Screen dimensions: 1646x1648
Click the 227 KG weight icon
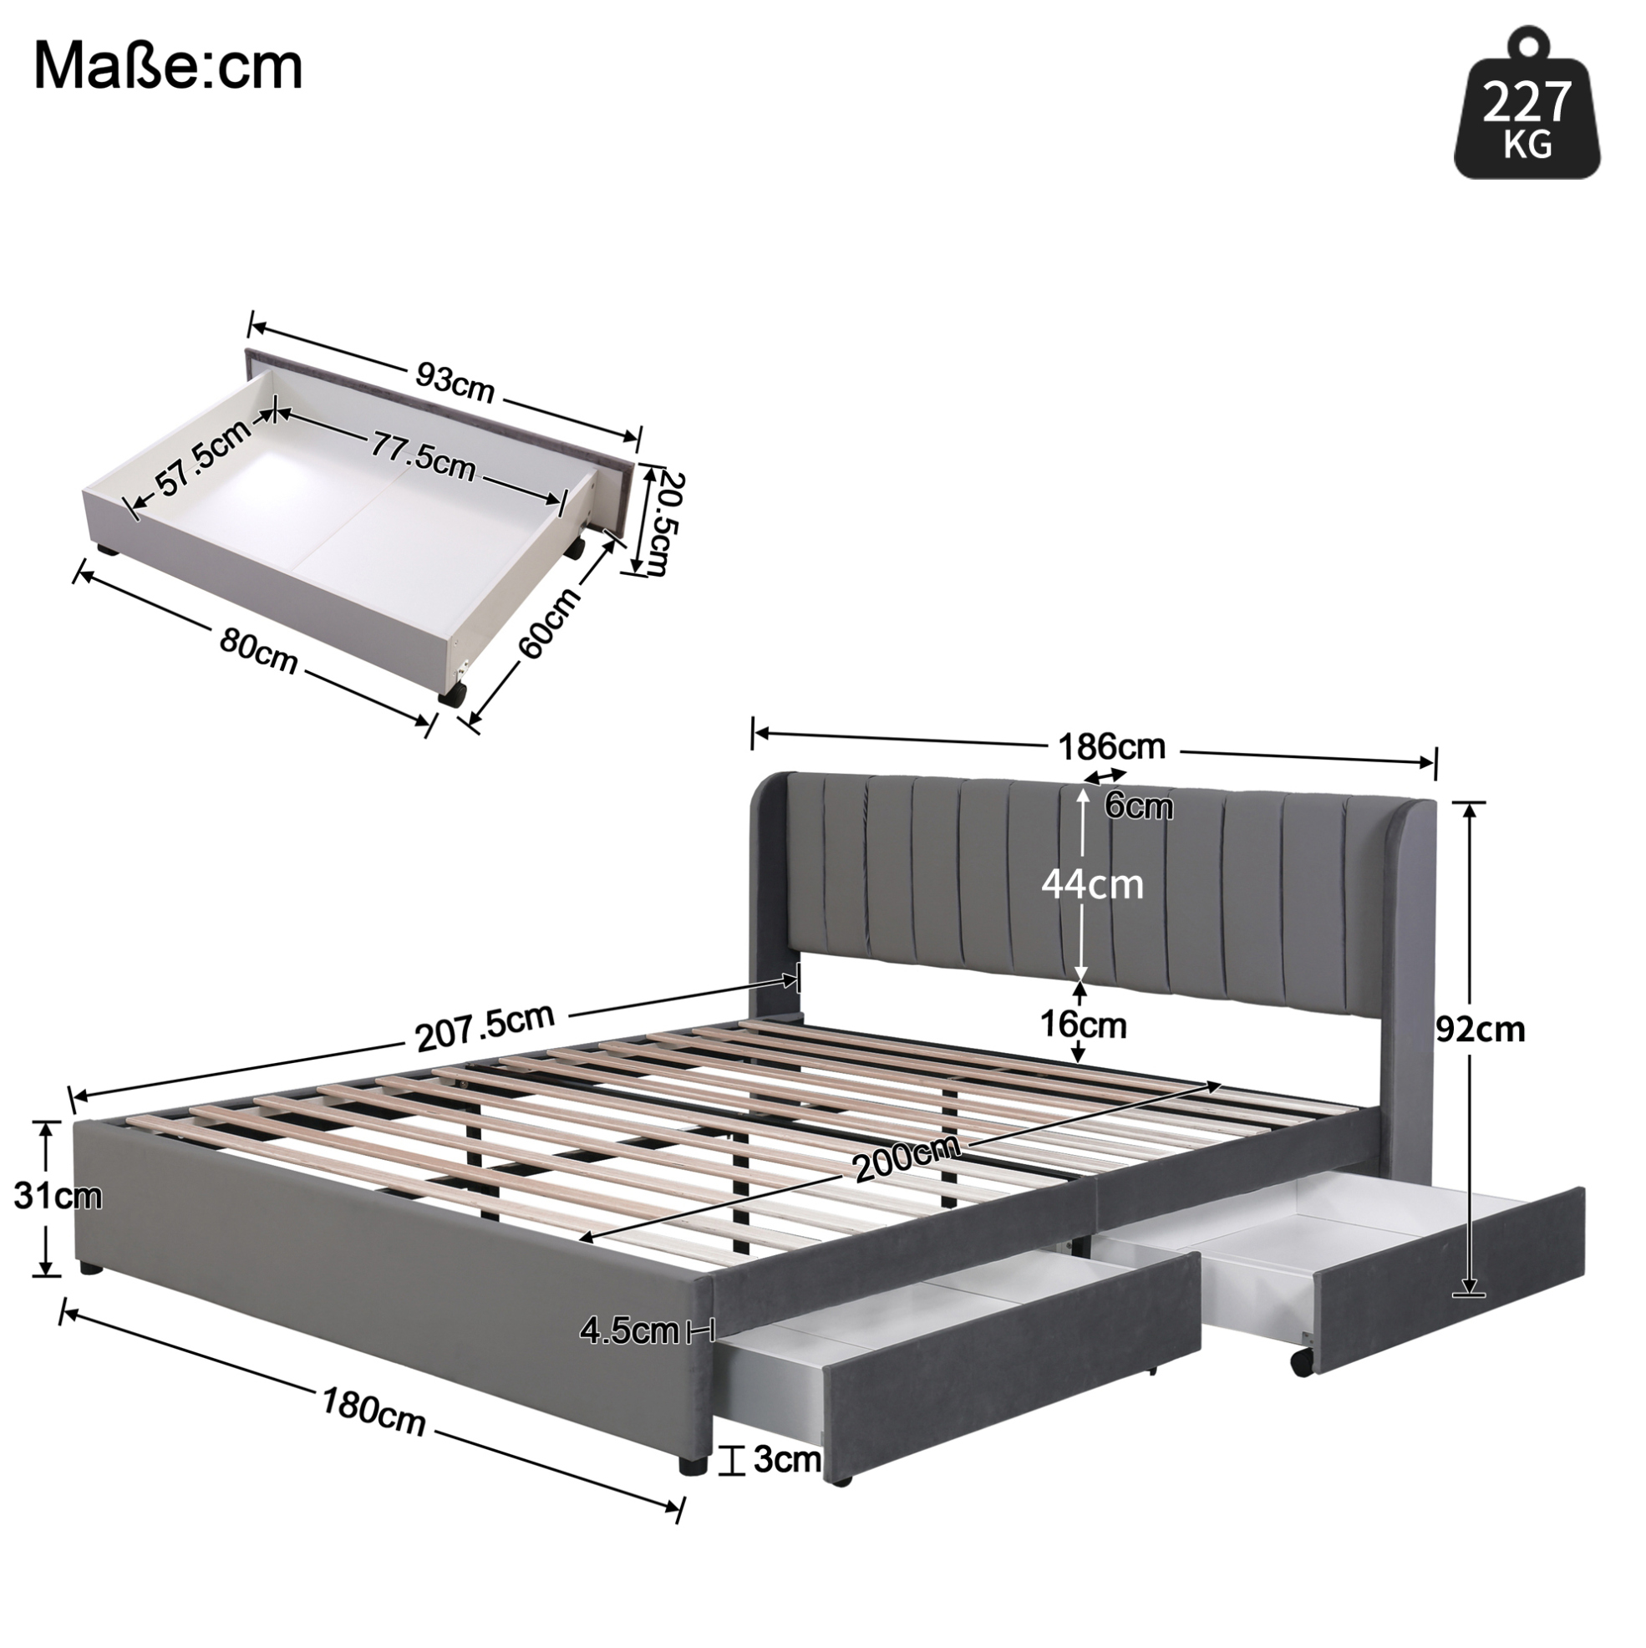pos(1527,104)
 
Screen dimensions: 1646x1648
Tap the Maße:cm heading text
pos(168,69)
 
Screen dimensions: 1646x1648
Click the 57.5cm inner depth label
pos(202,458)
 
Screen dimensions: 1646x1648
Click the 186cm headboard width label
pos(1111,746)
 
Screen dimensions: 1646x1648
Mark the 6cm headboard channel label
pos(1138,806)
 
